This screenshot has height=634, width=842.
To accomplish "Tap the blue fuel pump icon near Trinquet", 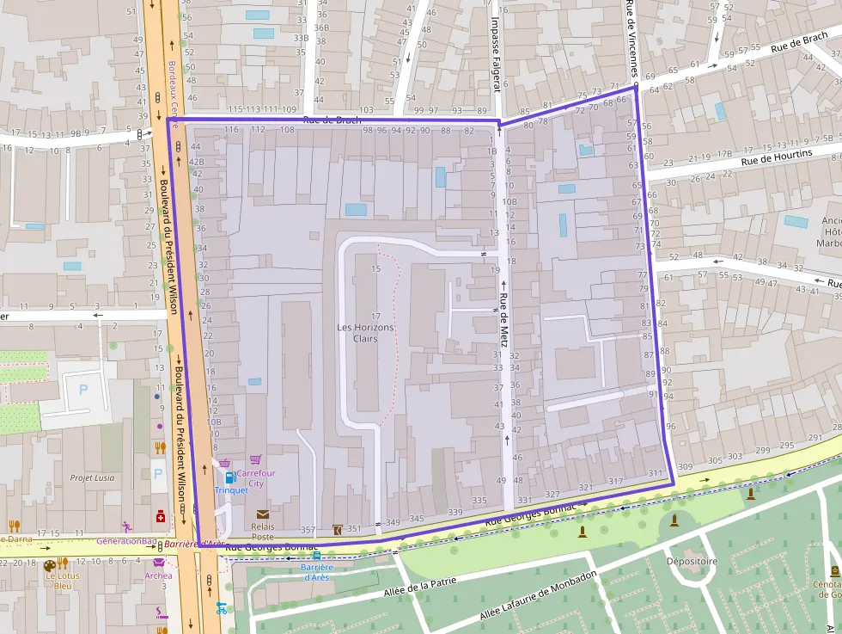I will coord(229,477).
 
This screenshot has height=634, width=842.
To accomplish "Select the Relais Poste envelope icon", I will coord(263,514).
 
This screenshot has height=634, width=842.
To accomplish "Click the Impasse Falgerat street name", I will coord(496,53).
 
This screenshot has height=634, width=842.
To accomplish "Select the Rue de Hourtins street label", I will coord(777,157).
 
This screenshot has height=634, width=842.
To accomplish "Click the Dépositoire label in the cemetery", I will coord(692,561).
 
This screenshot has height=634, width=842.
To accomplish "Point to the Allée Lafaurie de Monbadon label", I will coord(536,599).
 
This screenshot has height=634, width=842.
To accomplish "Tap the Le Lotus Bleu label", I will coord(63,581).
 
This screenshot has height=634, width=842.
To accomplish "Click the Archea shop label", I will coord(158,576).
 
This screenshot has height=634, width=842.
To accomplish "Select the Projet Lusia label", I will coord(92,477).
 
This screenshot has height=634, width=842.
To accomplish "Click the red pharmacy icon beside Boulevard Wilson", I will coord(160,516).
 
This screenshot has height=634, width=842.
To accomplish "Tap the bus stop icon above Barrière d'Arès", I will coord(317,555).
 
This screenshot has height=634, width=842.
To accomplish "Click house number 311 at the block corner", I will coord(656,473).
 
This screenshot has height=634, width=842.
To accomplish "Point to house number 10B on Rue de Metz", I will coord(509,201).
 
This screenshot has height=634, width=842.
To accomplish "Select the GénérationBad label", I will coord(126,541).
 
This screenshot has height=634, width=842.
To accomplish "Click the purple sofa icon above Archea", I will coord(159,563).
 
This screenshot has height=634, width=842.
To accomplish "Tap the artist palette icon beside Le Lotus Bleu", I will coord(49,565).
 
